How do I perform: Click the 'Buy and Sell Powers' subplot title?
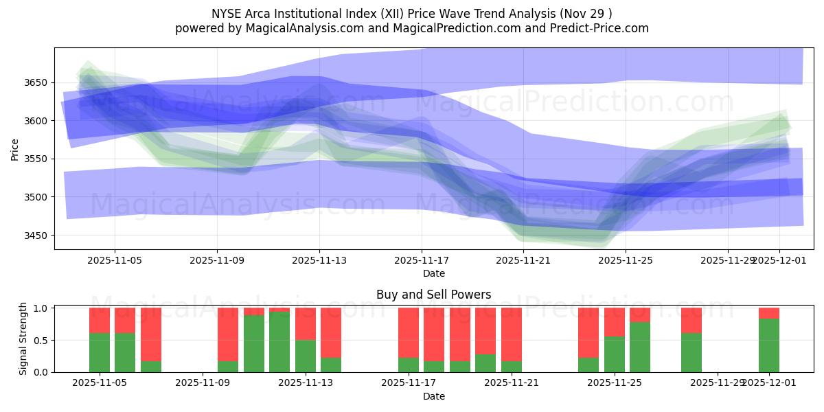pos(433,295)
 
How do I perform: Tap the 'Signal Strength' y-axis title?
pos(23,339)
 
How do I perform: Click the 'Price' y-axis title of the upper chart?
pos(15,149)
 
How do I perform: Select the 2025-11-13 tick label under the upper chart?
pos(319,261)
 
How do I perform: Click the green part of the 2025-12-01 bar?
pos(768,345)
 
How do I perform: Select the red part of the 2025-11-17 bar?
pos(409,332)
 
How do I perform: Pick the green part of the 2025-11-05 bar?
pos(100,352)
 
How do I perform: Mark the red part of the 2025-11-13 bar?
pos(306,323)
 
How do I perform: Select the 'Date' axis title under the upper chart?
pos(433,273)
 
